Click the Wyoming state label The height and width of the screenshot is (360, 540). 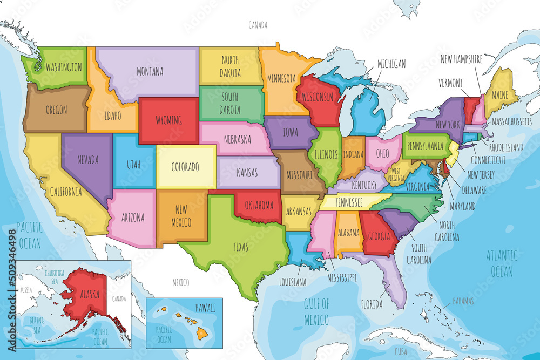168,120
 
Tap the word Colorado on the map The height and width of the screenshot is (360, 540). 186,167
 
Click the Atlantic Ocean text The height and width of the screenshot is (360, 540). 502,263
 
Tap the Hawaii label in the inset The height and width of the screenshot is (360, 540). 205,307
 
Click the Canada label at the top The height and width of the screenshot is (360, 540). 258,25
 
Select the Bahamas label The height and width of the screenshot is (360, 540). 463,301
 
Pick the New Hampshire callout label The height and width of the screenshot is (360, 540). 461,59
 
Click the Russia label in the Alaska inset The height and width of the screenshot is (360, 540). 25,290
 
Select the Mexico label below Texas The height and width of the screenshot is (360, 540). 180,282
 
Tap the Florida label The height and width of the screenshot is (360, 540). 372,304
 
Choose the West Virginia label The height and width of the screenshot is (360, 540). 395,174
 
